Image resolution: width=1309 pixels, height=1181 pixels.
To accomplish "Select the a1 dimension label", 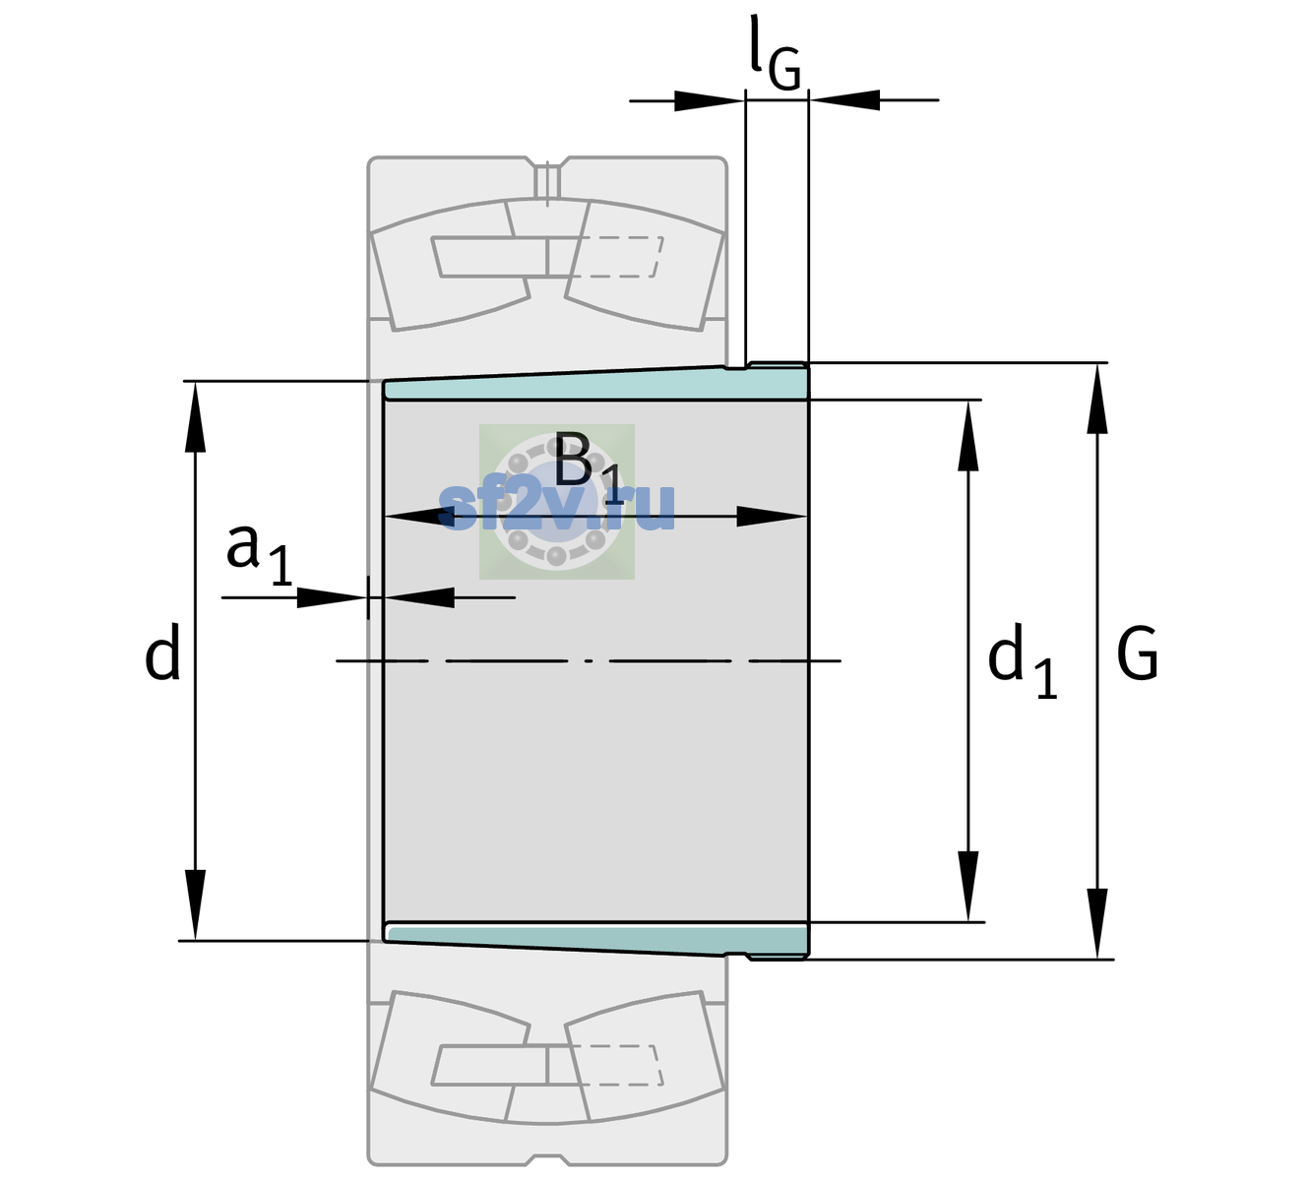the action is coord(259,555).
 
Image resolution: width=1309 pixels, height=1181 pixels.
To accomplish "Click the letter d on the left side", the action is coord(161,652).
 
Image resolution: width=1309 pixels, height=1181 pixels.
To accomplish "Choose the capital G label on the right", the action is coord(1138,653).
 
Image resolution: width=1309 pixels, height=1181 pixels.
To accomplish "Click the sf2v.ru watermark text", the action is coord(557,506).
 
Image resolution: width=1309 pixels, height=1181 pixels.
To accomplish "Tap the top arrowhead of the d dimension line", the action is coord(195,416).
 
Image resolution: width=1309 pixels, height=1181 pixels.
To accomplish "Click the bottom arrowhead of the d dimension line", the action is coord(195,905).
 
